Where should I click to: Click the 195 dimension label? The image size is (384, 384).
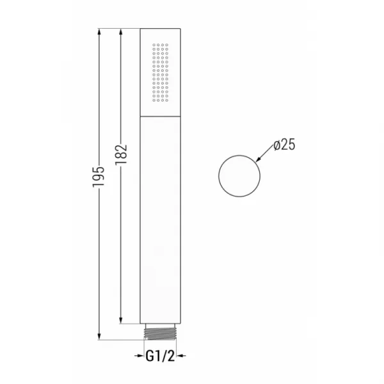(x=98, y=177)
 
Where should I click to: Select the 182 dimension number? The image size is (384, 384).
(x=121, y=154)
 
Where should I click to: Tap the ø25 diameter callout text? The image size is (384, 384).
(x=284, y=145)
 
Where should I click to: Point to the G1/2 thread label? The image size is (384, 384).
(x=161, y=356)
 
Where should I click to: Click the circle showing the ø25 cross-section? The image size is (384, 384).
(x=218, y=176)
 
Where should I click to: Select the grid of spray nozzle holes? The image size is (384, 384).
(x=160, y=72)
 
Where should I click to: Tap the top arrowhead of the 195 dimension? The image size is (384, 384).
(x=99, y=33)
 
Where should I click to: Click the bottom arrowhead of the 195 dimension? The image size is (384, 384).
(x=99, y=336)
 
